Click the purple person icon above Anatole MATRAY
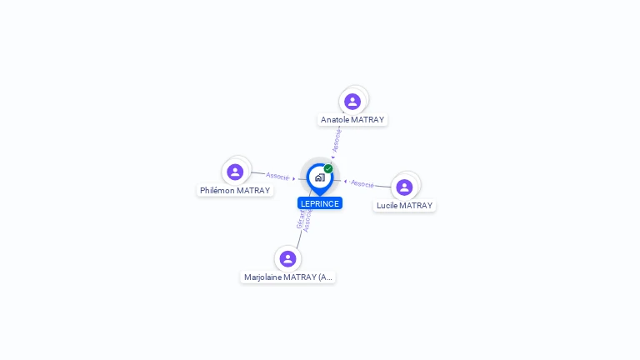point(352,102)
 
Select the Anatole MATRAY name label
point(352,120)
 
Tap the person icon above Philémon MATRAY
point(235,172)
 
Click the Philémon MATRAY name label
point(235,191)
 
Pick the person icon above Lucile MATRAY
point(404,187)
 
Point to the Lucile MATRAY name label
point(404,206)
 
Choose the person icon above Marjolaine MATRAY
point(287,259)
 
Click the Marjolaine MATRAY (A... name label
point(287,277)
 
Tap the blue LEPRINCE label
point(320,203)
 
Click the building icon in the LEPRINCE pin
point(319,177)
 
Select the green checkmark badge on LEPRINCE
point(328,169)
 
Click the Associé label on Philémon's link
point(277,177)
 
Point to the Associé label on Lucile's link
point(362,183)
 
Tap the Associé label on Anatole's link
point(336,140)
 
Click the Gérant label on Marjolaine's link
point(300,220)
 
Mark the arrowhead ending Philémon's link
point(294,178)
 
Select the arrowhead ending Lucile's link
point(345,181)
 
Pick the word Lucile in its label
point(387,206)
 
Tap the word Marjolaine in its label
point(262,277)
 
